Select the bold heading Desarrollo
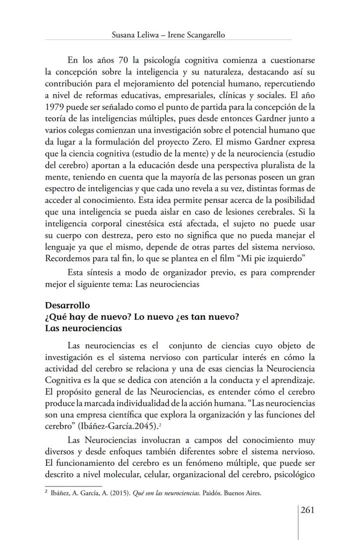click(x=67, y=306)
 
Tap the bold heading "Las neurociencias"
click(x=83, y=328)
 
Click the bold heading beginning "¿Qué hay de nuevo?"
click(x=142, y=317)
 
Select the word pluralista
click(x=260, y=166)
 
